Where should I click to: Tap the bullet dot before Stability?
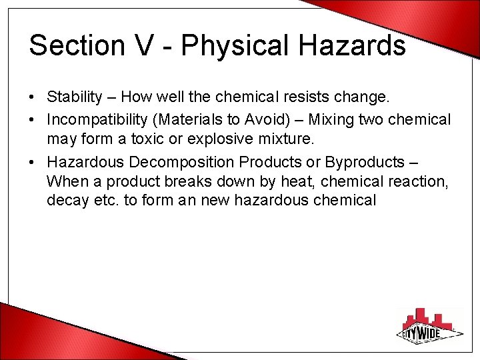pos(32,98)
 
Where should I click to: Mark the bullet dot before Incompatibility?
pos(32,121)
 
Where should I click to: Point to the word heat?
pos(299,181)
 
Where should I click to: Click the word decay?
pos(65,199)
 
